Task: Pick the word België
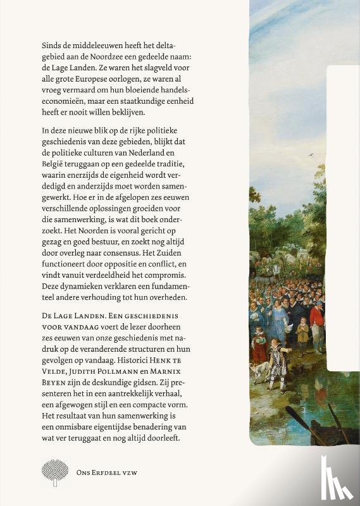point(53,166)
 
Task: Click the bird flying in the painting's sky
point(310,152)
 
